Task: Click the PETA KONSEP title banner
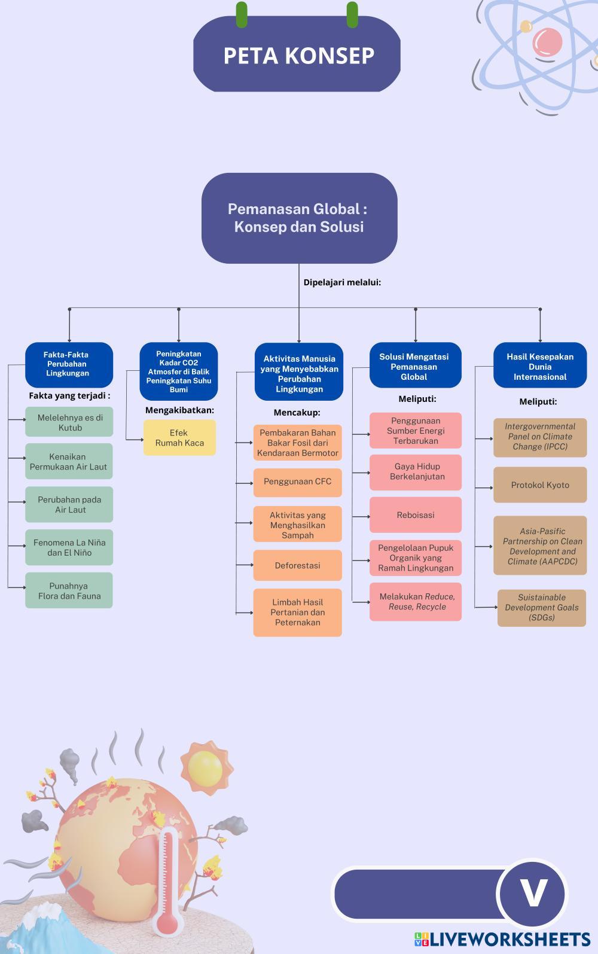click(x=297, y=55)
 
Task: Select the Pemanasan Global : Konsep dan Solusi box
click(x=299, y=218)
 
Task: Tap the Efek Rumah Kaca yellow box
click(x=179, y=438)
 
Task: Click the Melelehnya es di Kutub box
click(x=69, y=422)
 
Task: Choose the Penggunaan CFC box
click(x=297, y=481)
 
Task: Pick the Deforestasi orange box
click(x=297, y=565)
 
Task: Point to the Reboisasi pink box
click(x=416, y=515)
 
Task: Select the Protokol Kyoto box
click(x=540, y=485)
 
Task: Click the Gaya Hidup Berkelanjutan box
click(x=416, y=472)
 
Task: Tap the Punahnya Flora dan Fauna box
click(x=69, y=591)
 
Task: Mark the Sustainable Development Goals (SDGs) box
click(x=542, y=608)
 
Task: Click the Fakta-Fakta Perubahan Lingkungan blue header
click(x=69, y=364)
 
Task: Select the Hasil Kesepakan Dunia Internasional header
click(x=540, y=366)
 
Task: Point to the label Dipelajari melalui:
click(x=342, y=282)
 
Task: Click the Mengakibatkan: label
click(x=179, y=410)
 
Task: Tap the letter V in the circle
click(x=532, y=894)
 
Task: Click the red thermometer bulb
click(x=167, y=923)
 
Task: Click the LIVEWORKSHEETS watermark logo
click(x=502, y=940)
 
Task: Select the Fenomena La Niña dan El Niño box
click(x=69, y=548)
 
